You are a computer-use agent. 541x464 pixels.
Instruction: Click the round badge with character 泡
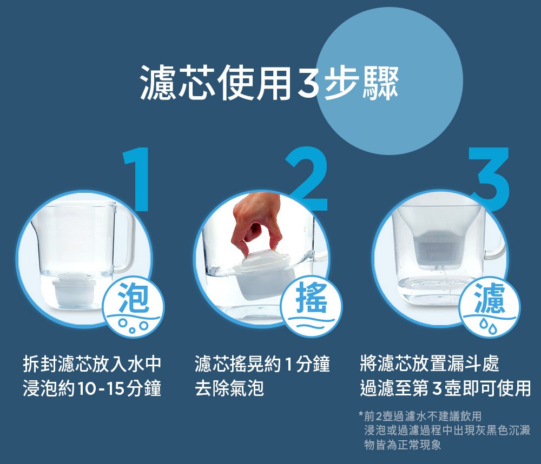(134, 306)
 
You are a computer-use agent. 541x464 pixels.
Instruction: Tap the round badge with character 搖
(311, 306)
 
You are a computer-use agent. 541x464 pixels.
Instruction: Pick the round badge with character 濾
(489, 307)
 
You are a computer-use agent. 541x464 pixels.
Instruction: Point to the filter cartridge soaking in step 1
(74, 290)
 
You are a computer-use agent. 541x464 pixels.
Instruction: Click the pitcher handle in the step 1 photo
(123, 238)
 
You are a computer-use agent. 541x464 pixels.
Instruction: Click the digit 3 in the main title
(308, 82)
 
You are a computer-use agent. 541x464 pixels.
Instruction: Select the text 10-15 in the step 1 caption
(101, 388)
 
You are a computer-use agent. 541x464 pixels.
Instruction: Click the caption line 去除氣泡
(229, 388)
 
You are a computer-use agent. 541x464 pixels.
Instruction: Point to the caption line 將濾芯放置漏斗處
(429, 364)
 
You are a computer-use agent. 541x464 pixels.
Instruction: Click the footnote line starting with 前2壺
(420, 416)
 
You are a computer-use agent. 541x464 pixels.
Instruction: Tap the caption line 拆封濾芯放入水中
(92, 364)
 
